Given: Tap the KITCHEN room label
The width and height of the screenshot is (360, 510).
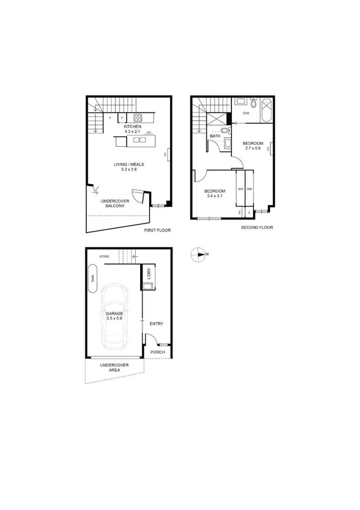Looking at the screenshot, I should (132, 127).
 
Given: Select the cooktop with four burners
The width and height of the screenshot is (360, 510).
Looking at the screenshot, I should (138, 118).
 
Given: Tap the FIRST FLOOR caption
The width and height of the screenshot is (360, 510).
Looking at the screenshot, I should (158, 230).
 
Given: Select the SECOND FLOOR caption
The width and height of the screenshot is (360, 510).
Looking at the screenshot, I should (257, 228).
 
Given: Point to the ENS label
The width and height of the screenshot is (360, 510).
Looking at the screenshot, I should (246, 112).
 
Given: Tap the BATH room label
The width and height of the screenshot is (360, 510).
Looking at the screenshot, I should (215, 137).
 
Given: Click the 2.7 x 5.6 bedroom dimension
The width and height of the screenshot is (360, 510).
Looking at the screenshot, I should (253, 148).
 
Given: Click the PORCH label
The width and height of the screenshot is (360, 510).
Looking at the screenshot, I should (157, 352).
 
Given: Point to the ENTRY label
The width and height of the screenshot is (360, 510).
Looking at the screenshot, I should (156, 324).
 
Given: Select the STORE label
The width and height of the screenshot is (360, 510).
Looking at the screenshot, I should (105, 257).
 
